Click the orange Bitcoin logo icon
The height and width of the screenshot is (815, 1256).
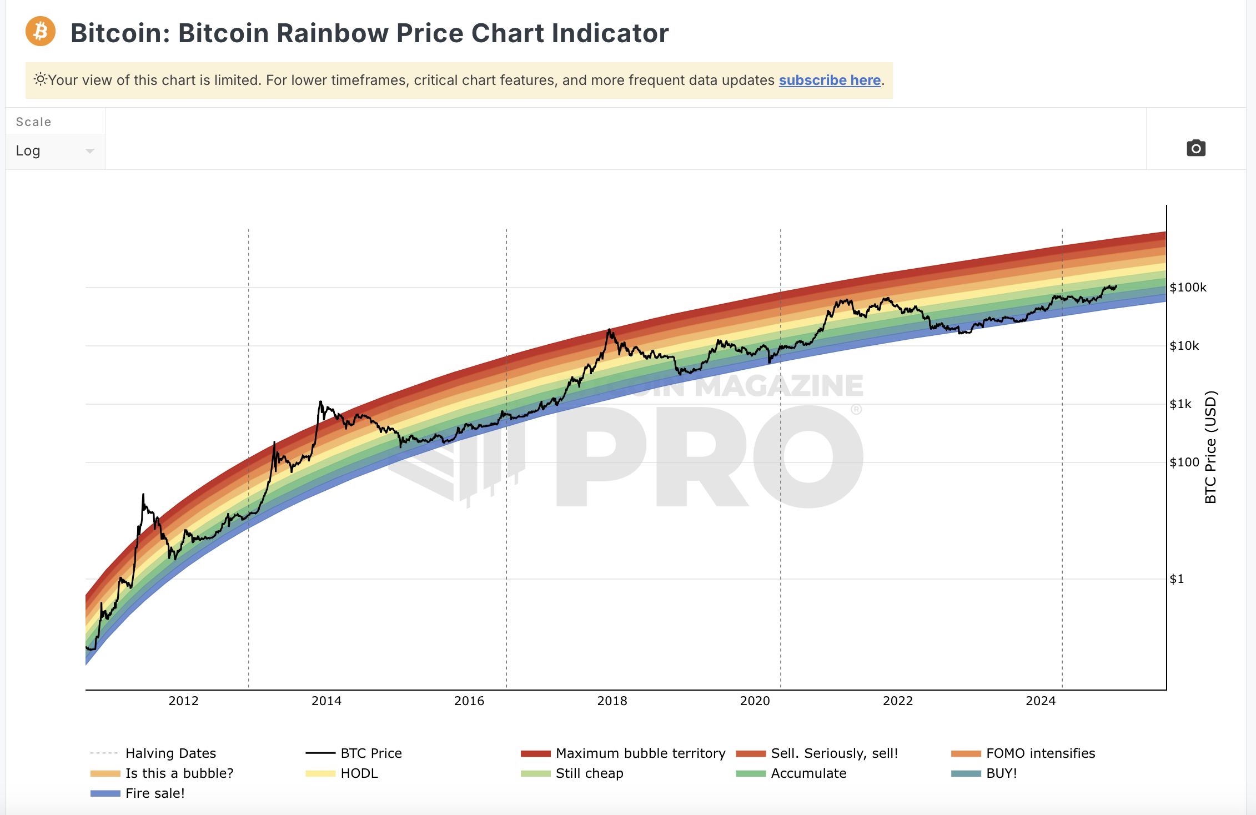tap(41, 32)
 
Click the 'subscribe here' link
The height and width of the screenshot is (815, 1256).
tap(830, 81)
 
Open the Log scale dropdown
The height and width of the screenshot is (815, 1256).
tap(54, 151)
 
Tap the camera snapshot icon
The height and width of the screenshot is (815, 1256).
tap(1195, 148)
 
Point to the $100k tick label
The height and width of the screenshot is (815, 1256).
tap(1188, 288)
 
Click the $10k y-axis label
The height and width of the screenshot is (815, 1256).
tap(1184, 346)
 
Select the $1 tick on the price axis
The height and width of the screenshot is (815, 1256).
tap(1177, 579)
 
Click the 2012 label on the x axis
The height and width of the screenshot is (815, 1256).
tap(183, 701)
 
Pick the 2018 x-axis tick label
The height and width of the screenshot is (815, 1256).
tap(612, 701)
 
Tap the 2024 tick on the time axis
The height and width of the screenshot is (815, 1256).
tap(1040, 701)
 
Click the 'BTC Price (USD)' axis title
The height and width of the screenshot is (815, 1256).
tap(1210, 447)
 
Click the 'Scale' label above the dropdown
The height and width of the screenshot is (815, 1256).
tap(33, 122)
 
